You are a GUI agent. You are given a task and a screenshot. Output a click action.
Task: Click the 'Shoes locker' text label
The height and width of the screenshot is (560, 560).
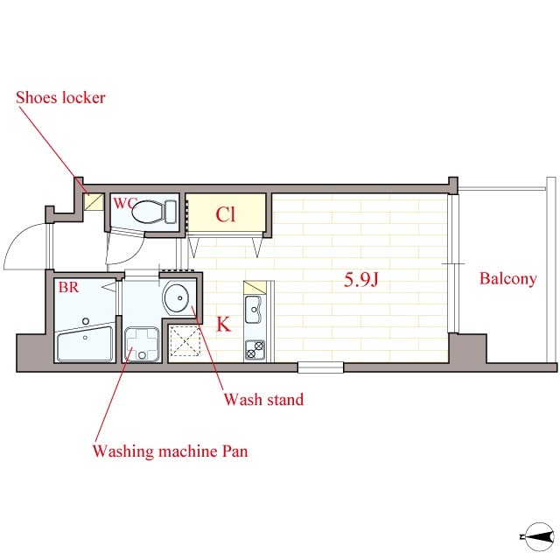tap(60, 97)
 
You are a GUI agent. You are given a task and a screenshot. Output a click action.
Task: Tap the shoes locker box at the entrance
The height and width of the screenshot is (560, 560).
tap(94, 202)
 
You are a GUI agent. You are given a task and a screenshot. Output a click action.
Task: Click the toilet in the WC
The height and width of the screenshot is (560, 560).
tap(154, 212)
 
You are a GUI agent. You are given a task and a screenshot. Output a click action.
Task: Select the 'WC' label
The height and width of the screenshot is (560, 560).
tap(124, 204)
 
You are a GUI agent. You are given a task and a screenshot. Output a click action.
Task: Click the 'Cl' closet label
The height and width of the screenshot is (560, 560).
tap(226, 214)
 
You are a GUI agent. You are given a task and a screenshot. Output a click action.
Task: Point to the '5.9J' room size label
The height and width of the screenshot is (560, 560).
tap(360, 280)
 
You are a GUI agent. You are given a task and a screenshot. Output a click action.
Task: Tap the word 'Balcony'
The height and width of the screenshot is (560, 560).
tap(507, 278)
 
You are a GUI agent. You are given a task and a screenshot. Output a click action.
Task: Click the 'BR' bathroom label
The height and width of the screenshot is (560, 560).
tap(68, 287)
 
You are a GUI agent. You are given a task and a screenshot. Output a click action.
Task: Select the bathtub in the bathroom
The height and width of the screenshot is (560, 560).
tap(85, 344)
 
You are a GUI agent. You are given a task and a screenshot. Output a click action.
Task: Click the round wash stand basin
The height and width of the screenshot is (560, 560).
tap(176, 298)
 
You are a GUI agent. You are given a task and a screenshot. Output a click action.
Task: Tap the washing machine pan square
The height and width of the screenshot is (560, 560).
tap(142, 344)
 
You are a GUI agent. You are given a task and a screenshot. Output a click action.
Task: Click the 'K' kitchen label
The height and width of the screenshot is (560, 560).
tap(224, 325)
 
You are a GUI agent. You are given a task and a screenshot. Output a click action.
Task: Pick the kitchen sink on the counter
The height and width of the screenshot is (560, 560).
tap(254, 309)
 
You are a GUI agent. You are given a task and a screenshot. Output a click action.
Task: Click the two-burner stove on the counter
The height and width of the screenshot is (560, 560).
tap(255, 350)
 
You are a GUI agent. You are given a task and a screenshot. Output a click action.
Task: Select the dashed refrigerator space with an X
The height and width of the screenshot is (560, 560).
tap(185, 341)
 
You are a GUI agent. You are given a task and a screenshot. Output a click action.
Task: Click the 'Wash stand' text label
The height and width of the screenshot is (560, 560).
tap(264, 399)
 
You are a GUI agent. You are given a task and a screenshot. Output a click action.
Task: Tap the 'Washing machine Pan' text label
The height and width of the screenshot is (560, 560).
tap(171, 451)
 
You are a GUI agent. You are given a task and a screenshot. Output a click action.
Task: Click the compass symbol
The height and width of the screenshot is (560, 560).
tap(538, 536)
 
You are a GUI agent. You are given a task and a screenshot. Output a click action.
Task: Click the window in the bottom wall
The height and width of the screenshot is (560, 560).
tap(321, 367)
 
